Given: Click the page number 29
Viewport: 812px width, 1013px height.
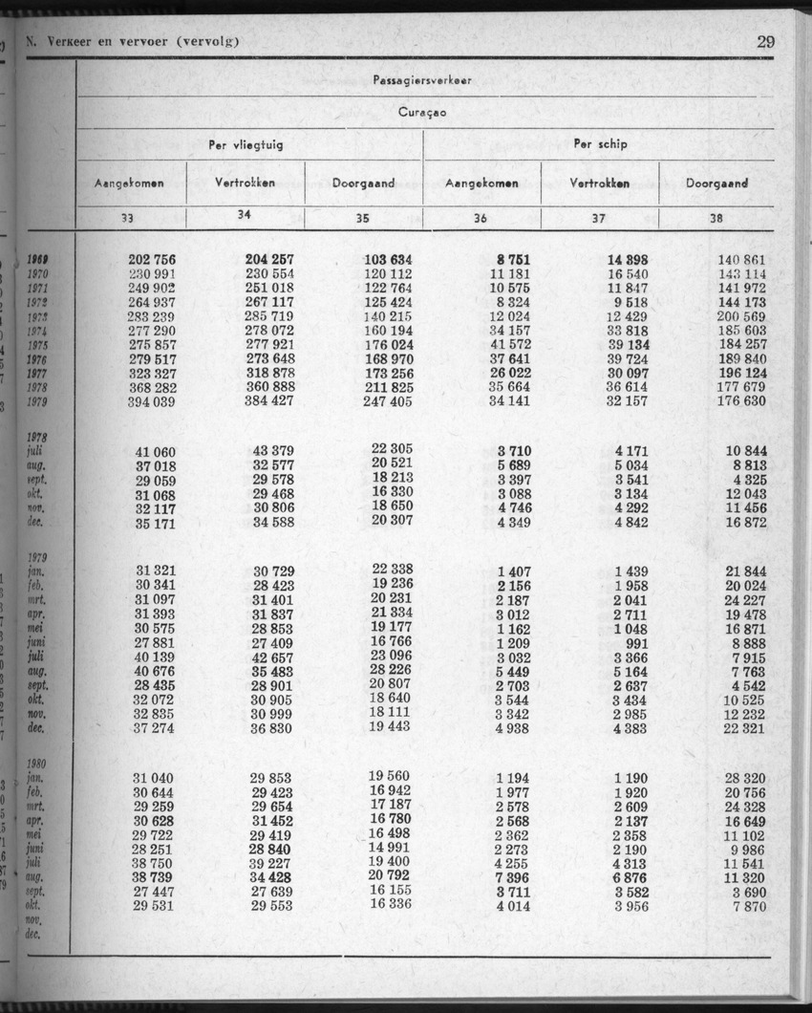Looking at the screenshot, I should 765,41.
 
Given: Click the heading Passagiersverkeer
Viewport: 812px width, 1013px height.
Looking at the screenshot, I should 424,80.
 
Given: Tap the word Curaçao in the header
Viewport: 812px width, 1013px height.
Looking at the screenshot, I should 424,112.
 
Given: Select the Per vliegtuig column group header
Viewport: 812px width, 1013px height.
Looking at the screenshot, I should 246,144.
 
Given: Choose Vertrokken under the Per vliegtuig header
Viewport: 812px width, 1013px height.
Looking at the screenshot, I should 246,183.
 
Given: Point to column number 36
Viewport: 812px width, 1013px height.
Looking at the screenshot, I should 481,218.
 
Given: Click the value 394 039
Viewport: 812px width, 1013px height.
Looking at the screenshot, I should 153,402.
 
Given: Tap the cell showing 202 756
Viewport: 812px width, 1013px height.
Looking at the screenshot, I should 153,260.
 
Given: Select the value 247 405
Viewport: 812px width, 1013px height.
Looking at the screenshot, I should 388,402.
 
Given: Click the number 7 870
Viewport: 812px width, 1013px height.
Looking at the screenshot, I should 748,906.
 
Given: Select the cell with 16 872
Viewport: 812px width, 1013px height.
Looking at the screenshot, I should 745,523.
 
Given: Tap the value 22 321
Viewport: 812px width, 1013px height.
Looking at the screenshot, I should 745,728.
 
